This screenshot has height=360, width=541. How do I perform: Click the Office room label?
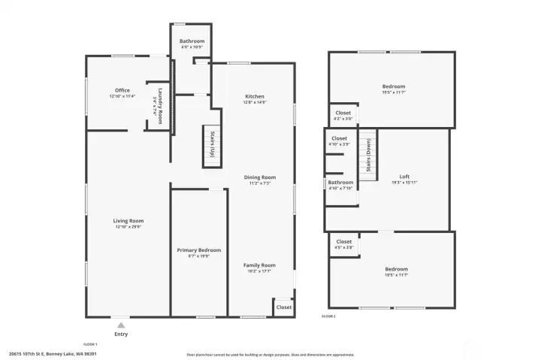pos(122,90)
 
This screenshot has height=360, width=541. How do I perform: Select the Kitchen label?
pos(255,96)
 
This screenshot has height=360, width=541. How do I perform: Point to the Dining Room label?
pos(260,177)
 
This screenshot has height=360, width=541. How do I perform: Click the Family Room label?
pos(259,265)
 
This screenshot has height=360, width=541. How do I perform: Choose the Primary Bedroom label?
pos(198,250)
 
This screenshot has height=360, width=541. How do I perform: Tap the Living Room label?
pos(128,220)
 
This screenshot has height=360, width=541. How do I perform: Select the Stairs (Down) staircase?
pos(367,155)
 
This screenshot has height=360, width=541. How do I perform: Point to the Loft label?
pos(404,177)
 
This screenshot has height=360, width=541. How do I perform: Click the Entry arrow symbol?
pos(120,325)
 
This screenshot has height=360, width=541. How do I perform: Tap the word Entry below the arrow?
pos(120,334)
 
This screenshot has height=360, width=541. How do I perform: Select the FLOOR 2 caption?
pos(328,317)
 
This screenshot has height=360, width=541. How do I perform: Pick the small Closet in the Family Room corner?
pos(283,307)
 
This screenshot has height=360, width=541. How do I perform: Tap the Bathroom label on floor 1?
pos(191,41)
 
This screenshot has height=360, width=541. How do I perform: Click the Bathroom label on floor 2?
pos(340,182)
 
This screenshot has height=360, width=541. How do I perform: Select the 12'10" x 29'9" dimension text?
pos(128,226)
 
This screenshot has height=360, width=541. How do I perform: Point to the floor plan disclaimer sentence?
pos(270,355)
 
